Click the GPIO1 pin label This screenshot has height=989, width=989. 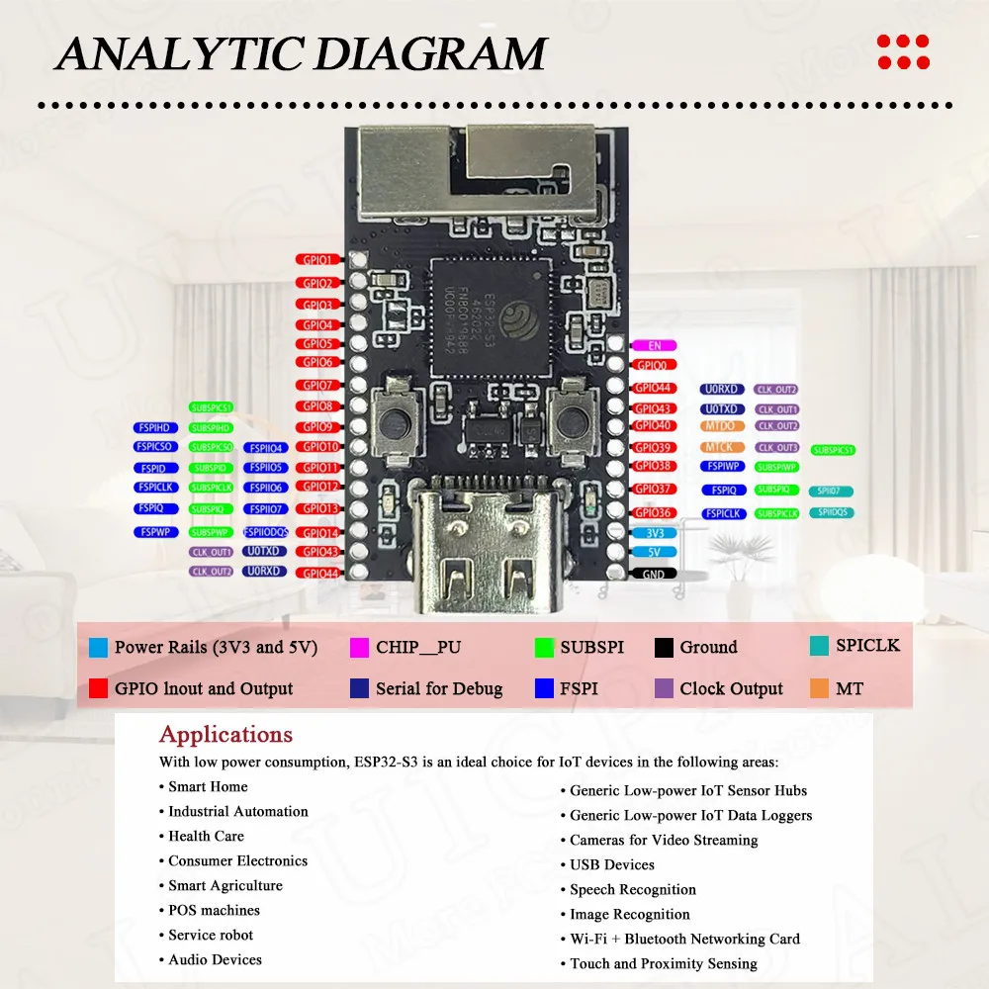tap(317, 259)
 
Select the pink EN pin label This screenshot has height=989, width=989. tap(654, 345)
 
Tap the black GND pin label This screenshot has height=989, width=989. tap(654, 574)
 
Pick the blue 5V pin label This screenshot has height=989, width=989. tap(654, 552)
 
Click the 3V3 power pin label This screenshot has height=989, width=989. tap(654, 532)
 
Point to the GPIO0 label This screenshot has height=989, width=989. tap(654, 365)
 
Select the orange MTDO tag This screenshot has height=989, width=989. tap(719, 426)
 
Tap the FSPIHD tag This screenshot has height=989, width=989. tap(156, 428)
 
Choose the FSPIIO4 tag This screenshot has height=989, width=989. tap(265, 448)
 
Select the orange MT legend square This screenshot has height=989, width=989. tap(819, 688)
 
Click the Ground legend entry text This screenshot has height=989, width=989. tap(708, 648)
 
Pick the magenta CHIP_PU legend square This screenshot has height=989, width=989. tap(359, 648)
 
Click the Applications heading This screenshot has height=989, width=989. tap(225, 735)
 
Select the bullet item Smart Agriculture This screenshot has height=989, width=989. tap(225, 886)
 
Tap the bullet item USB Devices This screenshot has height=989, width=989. tap(611, 864)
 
